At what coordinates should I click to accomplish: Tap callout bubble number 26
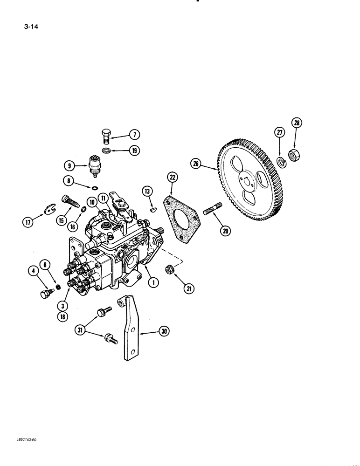pos(196,163)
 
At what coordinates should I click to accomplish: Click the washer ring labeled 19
pos(106,150)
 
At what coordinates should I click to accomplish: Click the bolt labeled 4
pos(46,294)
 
